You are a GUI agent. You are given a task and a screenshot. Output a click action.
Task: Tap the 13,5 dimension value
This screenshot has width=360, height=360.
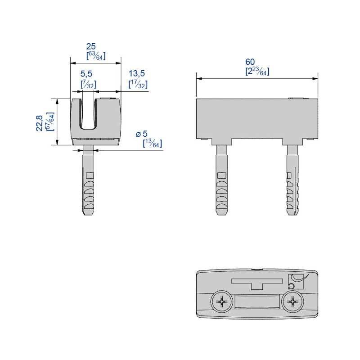point(138,73)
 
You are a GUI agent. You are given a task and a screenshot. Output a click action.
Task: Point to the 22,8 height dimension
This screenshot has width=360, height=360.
point(40,122)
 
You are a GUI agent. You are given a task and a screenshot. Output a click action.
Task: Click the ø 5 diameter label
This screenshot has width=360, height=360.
point(142,134)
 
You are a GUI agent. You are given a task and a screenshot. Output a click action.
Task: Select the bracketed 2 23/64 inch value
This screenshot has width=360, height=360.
point(257,71)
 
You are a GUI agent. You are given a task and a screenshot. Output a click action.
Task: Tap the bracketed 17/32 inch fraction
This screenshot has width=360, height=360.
point(138,84)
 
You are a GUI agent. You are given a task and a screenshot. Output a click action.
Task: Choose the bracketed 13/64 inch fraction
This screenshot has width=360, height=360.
point(152,144)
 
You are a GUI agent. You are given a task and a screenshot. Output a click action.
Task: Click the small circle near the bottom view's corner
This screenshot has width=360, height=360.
point(291,286)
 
